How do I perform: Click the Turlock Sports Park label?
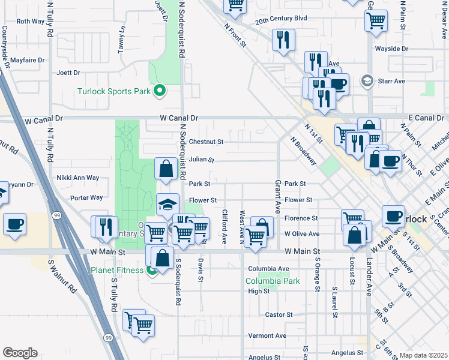click(x=115, y=92)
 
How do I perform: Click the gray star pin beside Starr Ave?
click(x=366, y=80)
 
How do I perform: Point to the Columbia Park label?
click(x=273, y=281)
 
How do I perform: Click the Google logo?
click(x=20, y=353)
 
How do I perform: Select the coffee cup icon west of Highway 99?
click(x=15, y=224)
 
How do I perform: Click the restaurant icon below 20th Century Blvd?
click(x=282, y=40)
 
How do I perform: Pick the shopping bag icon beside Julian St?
click(x=166, y=169)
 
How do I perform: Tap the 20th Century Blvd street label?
click(x=280, y=19)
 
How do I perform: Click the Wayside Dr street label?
click(x=391, y=49)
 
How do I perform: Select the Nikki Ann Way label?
click(x=76, y=178)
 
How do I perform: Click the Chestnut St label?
click(x=206, y=142)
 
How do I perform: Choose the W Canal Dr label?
click(x=178, y=119)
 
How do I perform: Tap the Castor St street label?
click(x=279, y=314)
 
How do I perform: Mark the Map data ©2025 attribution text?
click(x=423, y=355)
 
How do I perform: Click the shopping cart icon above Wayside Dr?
click(x=375, y=20)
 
